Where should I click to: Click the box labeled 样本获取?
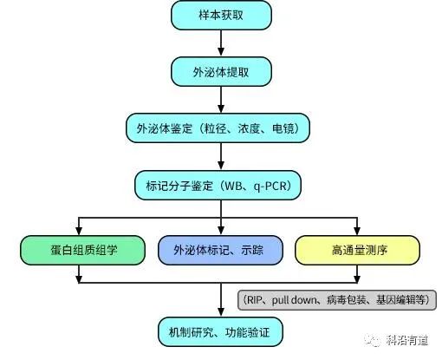point(221,15)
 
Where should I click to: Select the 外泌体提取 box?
point(221,70)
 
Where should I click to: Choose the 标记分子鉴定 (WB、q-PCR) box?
point(221,186)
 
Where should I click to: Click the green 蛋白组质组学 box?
point(80,250)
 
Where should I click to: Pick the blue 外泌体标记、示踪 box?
point(221,250)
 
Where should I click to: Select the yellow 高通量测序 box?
point(357,250)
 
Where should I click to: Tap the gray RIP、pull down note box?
point(337,300)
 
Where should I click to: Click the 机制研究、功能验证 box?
point(221,332)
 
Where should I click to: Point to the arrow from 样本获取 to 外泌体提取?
point(221,43)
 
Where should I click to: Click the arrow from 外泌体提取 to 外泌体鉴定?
point(221,99)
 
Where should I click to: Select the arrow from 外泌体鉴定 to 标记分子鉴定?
point(221,157)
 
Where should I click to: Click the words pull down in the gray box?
point(295,300)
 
